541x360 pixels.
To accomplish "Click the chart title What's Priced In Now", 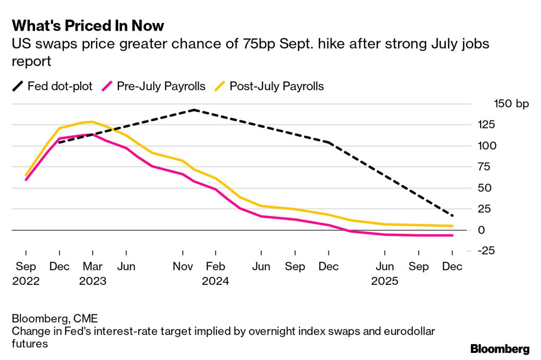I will [88, 26].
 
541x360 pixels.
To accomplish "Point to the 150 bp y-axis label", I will [512, 104].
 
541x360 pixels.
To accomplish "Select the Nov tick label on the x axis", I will [183, 267].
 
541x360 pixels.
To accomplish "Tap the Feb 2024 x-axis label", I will [215, 274].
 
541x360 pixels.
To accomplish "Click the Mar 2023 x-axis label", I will [93, 274].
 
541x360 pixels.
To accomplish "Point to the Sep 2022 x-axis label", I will [26, 274].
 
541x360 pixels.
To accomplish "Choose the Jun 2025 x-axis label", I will [384, 274].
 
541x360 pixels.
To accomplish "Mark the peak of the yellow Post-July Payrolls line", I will [92, 122].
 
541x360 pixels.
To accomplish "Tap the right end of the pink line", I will [452, 235].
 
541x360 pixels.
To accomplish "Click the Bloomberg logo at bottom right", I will [500, 349].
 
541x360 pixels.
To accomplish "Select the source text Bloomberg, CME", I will [55, 318].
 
